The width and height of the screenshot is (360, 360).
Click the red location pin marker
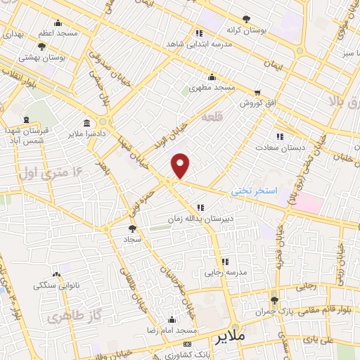[181, 165]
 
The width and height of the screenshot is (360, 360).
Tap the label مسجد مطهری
[215, 86]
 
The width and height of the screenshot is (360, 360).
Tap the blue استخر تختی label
[257, 191]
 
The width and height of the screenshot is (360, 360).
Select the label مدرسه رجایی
[224, 271]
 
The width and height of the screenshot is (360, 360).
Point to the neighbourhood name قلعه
[212, 117]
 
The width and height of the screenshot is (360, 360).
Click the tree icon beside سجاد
[132, 228]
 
